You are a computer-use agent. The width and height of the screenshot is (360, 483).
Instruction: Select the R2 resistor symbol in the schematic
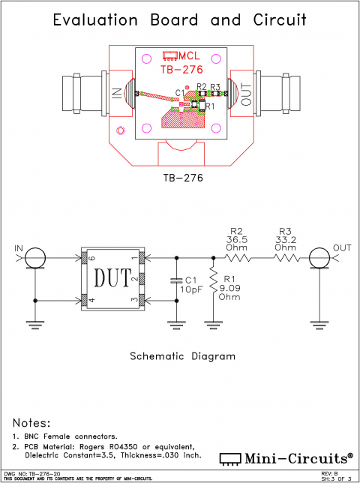237,258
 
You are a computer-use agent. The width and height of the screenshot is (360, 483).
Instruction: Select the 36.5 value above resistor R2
237,239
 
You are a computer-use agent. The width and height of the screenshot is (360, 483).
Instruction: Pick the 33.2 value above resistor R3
285,239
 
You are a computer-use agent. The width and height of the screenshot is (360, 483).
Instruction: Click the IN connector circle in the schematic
35,258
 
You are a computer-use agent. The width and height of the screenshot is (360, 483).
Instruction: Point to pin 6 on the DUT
85,259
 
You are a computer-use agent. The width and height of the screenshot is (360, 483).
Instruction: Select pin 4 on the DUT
85,301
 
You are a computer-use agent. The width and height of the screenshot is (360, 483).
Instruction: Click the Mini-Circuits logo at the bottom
286,457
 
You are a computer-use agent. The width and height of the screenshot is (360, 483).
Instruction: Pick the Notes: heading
31,423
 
